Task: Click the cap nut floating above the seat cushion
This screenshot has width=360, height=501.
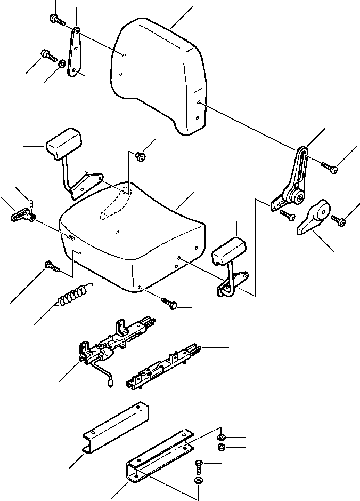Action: point(141,156)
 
